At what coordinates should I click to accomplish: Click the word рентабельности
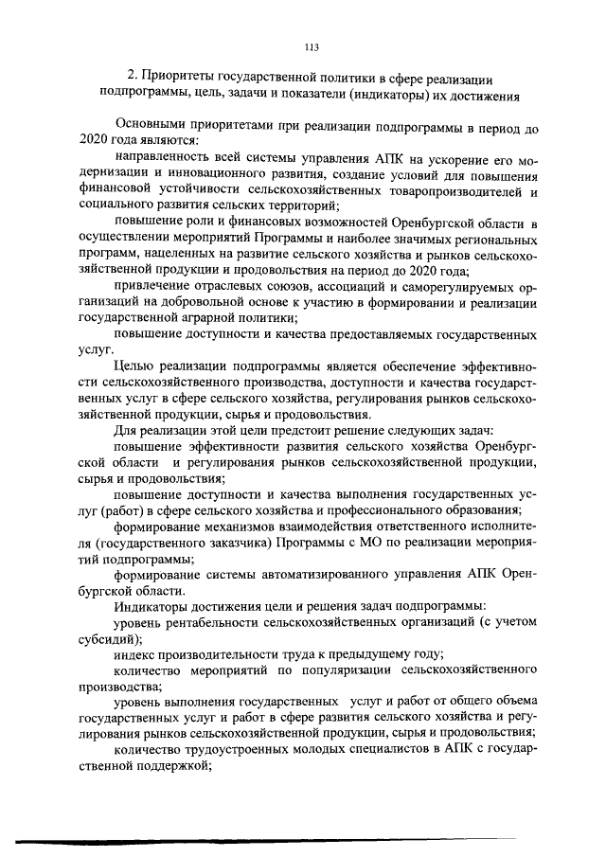pyautogui.click(x=219, y=626)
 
